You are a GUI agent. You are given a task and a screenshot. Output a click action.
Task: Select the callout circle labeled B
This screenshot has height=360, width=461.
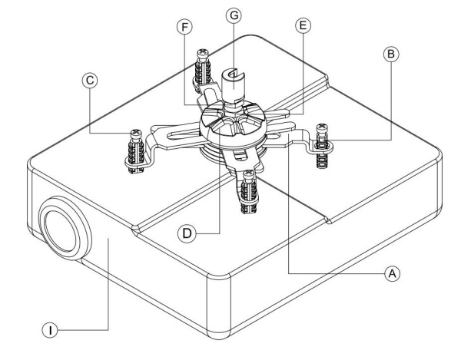pos(389,54)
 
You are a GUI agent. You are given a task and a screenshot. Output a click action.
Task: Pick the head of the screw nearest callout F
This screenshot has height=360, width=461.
pos(204,54)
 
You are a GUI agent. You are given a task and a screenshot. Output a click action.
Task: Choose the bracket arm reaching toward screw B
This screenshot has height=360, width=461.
pos(292,136)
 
